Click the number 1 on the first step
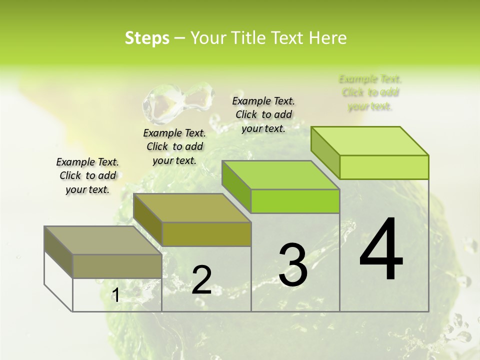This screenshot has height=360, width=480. [115, 295]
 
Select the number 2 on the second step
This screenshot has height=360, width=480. [201, 280]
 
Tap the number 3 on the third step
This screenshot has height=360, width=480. [292, 265]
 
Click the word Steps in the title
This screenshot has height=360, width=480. [147, 38]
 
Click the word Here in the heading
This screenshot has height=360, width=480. [328, 38]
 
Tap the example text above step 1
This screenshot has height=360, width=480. [87, 175]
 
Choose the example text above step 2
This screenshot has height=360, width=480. [174, 146]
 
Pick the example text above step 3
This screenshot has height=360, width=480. [263, 114]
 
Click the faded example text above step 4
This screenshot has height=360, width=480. [370, 92]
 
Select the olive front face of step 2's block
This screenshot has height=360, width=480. [206, 234]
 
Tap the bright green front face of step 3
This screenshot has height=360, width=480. [295, 201]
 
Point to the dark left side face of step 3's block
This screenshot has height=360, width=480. [236, 186]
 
